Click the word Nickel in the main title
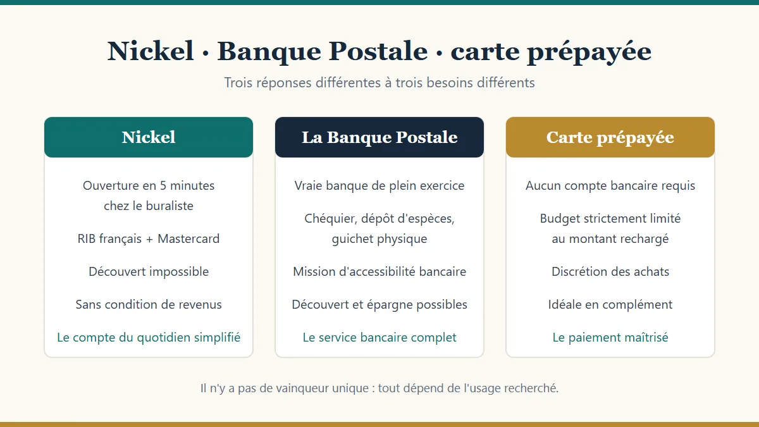point(151,51)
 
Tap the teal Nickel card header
point(149,137)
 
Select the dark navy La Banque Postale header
point(379,137)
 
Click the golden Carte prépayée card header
point(610,137)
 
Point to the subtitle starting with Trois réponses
point(379,83)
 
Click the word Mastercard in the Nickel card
point(188,238)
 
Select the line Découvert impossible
point(149,271)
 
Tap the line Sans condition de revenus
point(149,304)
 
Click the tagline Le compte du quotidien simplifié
point(149,337)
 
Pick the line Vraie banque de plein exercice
point(379,185)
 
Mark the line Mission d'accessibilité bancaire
point(379,271)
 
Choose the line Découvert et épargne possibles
point(379,304)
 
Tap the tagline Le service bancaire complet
point(379,337)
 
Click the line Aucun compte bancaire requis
point(610,185)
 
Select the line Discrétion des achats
point(610,271)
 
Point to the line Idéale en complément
point(610,304)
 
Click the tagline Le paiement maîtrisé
point(610,337)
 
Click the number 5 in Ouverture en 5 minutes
point(163,186)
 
